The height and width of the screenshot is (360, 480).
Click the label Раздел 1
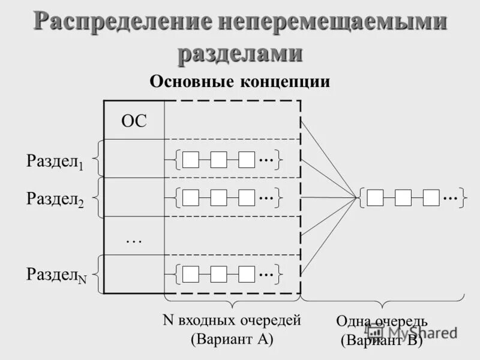55,161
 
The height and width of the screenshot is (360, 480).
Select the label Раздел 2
55,199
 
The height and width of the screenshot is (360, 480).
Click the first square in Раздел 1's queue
190,160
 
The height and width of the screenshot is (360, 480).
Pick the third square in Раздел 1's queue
246,160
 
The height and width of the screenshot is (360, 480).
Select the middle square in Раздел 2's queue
218,197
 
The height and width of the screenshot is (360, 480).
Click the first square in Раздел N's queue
190,274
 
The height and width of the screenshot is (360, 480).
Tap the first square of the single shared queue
375,197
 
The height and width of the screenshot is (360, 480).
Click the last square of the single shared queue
431,197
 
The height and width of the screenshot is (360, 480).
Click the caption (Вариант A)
232,338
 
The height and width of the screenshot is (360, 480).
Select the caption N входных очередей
232,320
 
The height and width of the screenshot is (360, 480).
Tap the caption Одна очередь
382,322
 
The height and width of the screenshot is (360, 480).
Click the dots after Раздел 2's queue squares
266,197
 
